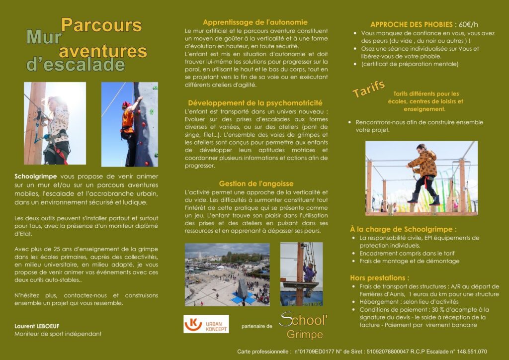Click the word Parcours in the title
click(101, 25)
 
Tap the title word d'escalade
click(76, 65)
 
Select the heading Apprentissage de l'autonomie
click(255, 22)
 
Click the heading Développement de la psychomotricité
click(255, 102)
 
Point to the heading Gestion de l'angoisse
click(256, 183)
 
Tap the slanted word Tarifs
click(369, 89)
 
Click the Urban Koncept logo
click(206, 324)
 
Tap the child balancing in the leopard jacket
click(424, 172)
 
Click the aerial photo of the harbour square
click(227, 274)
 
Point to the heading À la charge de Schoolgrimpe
click(403, 229)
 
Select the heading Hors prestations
click(379, 277)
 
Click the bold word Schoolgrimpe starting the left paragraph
click(36, 176)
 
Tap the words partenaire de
click(256, 327)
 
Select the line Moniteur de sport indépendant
click(58, 334)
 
